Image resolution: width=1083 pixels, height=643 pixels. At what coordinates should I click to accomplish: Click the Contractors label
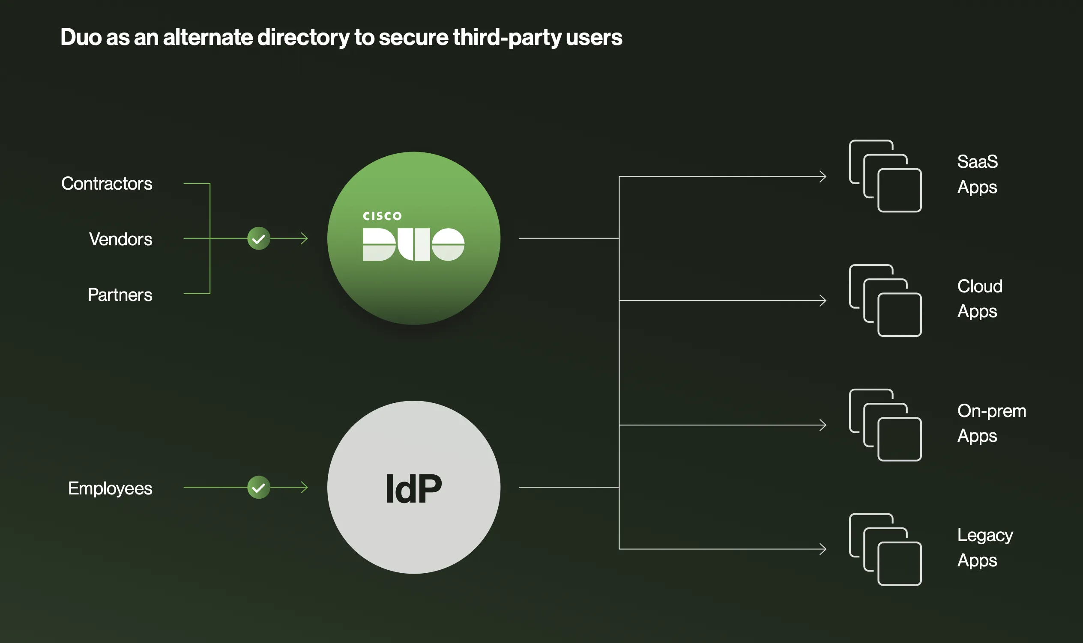pyautogui.click(x=107, y=184)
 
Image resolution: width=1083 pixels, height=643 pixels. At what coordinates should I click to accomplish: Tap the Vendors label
pyautogui.click(x=120, y=239)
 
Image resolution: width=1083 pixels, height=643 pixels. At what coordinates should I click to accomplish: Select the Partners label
pyautogui.click(x=120, y=295)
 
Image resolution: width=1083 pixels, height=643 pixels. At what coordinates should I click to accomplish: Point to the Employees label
pyautogui.click(x=110, y=488)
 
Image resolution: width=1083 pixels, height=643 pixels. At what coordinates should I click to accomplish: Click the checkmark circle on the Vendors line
pyautogui.click(x=259, y=238)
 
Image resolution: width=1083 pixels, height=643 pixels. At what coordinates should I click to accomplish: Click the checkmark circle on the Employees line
pyautogui.click(x=259, y=488)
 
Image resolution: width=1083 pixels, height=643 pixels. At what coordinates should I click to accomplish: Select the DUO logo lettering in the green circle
pyautogui.click(x=413, y=244)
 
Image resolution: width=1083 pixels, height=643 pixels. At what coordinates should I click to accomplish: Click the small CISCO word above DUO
pyautogui.click(x=382, y=216)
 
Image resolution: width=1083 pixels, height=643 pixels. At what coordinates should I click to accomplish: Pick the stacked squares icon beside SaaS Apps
pyautogui.click(x=886, y=176)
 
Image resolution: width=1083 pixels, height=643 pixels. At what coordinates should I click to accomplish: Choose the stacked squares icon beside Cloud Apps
pyautogui.click(x=886, y=300)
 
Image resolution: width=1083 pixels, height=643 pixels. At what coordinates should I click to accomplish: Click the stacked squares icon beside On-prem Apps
pyautogui.click(x=886, y=425)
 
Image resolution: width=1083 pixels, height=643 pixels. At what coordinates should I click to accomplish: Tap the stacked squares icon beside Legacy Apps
pyautogui.click(x=886, y=549)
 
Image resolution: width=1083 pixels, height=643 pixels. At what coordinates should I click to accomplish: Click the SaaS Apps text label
pyautogui.click(x=977, y=174)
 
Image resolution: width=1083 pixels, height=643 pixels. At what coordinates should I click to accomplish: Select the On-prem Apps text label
pyautogui.click(x=991, y=423)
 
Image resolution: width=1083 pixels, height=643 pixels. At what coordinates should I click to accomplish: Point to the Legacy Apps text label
pyautogui.click(x=984, y=548)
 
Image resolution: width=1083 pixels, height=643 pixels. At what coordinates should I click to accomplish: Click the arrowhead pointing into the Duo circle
pyautogui.click(x=304, y=238)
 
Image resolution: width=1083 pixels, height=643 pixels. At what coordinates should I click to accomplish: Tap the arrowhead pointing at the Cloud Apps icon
pyautogui.click(x=823, y=300)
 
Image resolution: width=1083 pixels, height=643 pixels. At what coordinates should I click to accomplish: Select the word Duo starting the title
pyautogui.click(x=81, y=37)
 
